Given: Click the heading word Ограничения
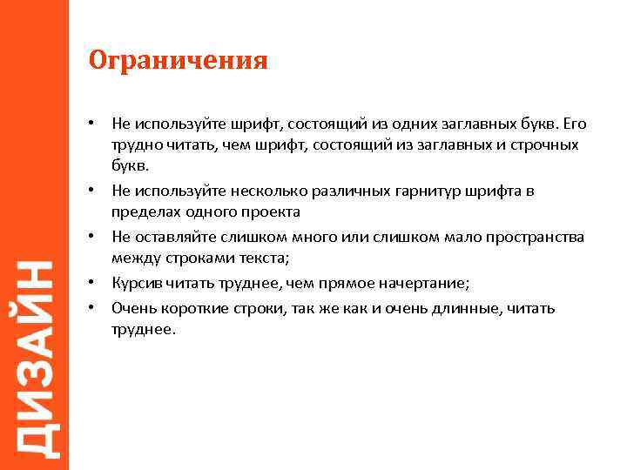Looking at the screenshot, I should pyautogui.click(x=178, y=61).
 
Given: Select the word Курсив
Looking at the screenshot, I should pyautogui.click(x=135, y=283).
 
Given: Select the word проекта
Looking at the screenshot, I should pyautogui.click(x=273, y=212).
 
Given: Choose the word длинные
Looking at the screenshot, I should pyautogui.click(x=462, y=308).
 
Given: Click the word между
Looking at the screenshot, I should pyautogui.click(x=131, y=258).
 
